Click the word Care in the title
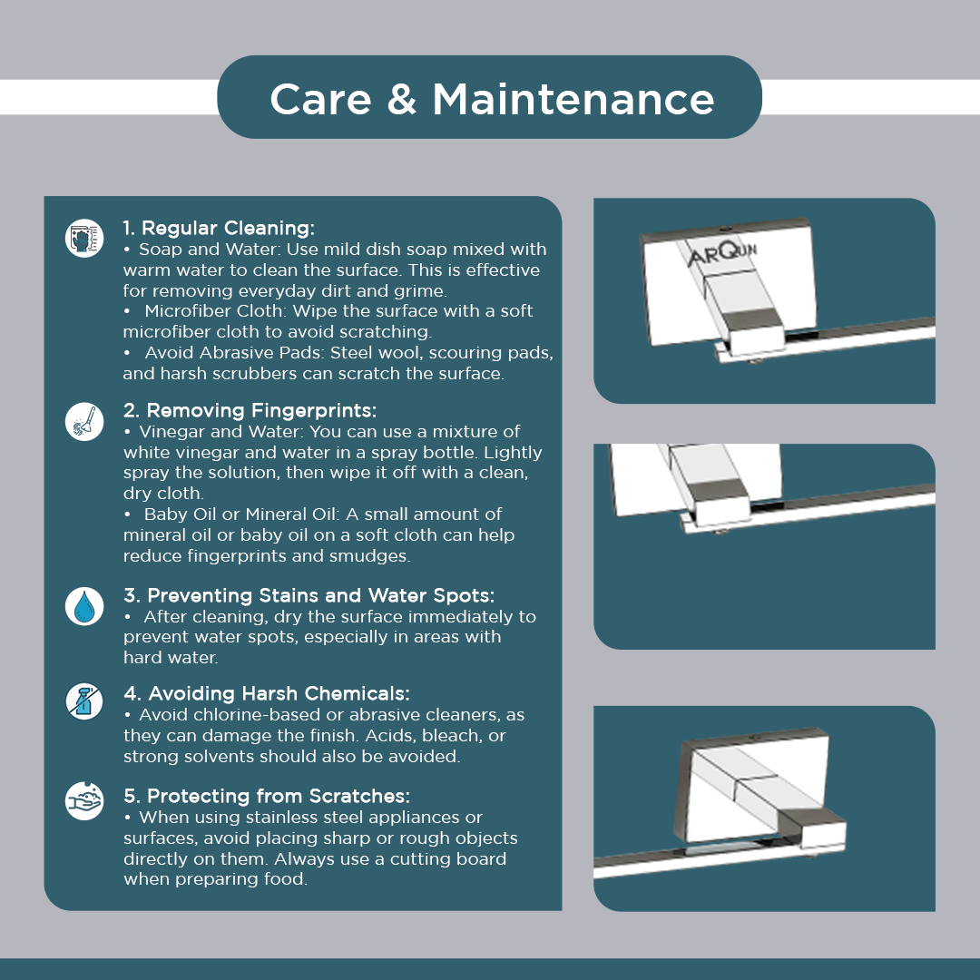[320, 100]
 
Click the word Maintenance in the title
[573, 100]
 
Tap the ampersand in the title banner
[402, 100]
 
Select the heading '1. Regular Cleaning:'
[219, 228]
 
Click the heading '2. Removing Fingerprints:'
[250, 411]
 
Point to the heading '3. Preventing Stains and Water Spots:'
[309, 595]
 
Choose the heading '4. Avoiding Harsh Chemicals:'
[266, 694]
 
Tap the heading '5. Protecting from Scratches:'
[267, 797]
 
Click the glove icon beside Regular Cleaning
[84, 238]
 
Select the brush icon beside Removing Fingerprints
[84, 421]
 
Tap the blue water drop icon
[84, 606]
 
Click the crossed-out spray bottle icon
[84, 701]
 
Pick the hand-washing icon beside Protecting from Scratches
[84, 800]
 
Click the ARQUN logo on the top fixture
[722, 254]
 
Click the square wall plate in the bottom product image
[752, 787]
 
